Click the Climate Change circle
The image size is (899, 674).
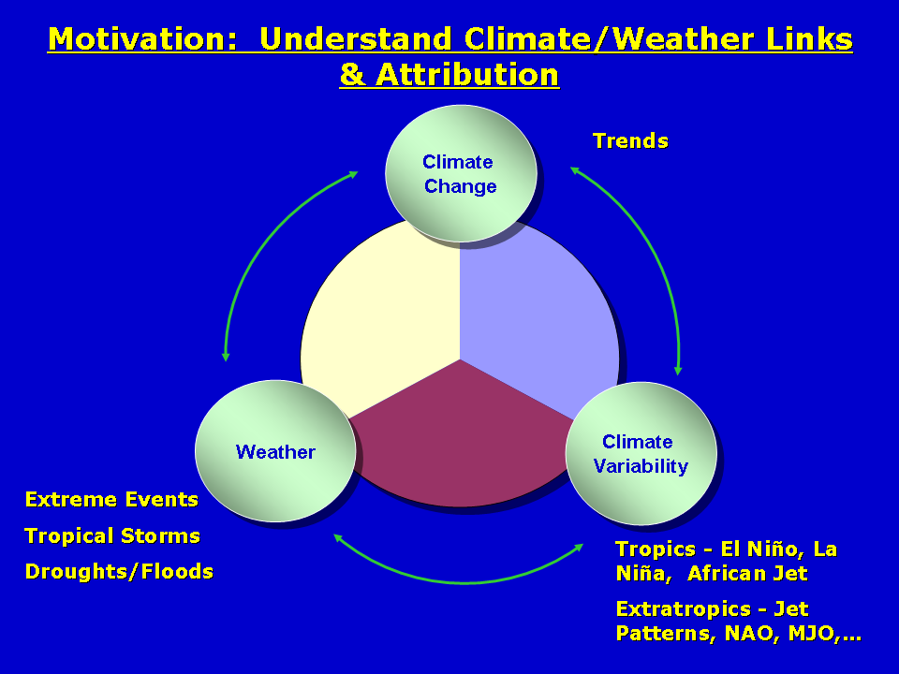point(461,173)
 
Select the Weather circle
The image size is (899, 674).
point(275,451)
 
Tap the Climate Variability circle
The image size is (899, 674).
point(641,453)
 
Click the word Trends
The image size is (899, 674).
point(630,141)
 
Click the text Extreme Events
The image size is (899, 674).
point(111,499)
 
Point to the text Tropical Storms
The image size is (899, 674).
point(112,535)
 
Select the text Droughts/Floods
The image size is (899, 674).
point(119,571)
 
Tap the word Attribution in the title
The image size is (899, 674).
point(467,75)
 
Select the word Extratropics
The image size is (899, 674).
point(683,609)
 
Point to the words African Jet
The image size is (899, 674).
point(747,573)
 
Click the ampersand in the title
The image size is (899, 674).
point(353,75)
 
